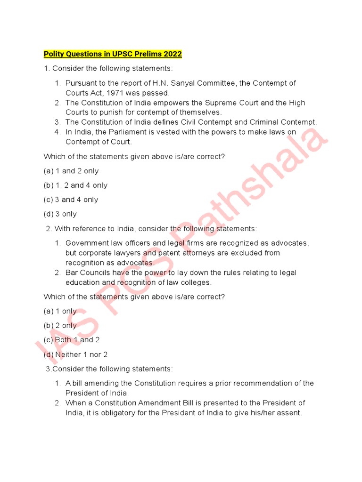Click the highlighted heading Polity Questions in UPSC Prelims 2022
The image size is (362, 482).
113,54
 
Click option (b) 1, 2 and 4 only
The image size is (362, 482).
75,185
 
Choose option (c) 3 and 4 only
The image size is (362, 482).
71,200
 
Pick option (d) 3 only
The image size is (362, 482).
60,214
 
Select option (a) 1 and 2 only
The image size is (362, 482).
71,171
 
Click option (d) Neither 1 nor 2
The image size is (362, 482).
75,354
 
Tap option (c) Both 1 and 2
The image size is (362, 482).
72,340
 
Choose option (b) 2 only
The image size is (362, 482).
60,325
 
